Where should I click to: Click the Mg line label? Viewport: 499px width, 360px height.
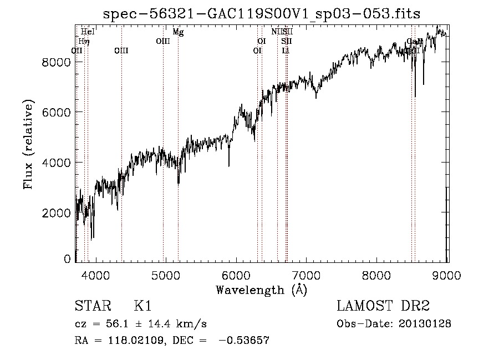tap(178, 32)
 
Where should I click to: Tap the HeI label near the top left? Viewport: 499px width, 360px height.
tap(88, 32)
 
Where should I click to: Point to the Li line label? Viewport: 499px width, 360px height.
tap(286, 50)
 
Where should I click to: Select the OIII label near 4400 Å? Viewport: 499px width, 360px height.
tap(121, 50)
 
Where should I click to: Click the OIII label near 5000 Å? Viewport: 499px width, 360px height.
tap(163, 41)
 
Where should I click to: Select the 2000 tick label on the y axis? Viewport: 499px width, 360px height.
tap(57, 212)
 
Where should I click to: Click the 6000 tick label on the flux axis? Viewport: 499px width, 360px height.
tap(57, 112)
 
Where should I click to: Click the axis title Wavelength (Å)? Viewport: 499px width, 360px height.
tap(261, 290)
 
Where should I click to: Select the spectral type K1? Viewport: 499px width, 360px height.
tap(142, 307)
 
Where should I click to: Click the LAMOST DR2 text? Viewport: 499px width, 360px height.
tap(383, 307)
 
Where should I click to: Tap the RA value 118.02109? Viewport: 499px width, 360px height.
tap(130, 341)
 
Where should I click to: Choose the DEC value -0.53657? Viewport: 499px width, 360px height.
tap(245, 341)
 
